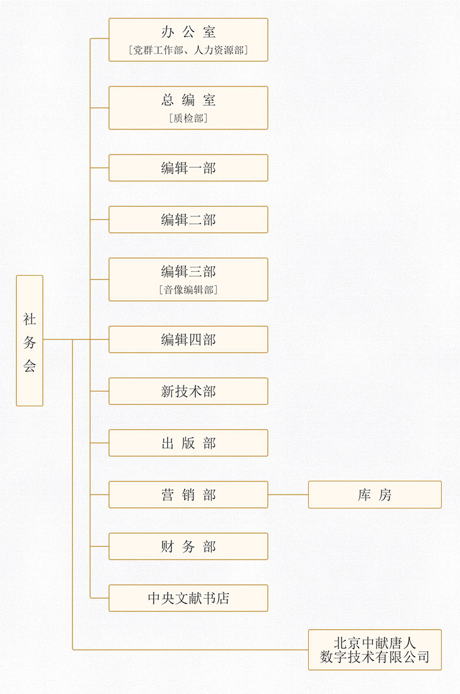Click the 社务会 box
click(x=30, y=340)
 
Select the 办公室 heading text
click(x=188, y=32)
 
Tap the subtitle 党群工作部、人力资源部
click(x=188, y=50)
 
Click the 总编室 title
click(x=188, y=100)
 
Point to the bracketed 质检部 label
click(x=188, y=118)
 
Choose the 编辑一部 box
click(x=188, y=168)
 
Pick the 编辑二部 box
click(x=188, y=220)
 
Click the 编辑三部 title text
click(x=188, y=271)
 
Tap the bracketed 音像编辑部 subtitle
click(x=188, y=290)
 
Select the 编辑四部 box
click(x=188, y=339)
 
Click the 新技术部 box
click(x=188, y=391)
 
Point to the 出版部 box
click(x=188, y=443)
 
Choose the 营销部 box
click(x=188, y=495)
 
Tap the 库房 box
click(x=375, y=495)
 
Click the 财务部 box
click(x=188, y=546)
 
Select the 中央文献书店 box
click(x=188, y=598)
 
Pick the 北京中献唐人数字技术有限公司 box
click(x=375, y=650)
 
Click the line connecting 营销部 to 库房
click(x=288, y=495)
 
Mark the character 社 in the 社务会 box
click(x=30, y=319)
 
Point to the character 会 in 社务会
click(x=30, y=365)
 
